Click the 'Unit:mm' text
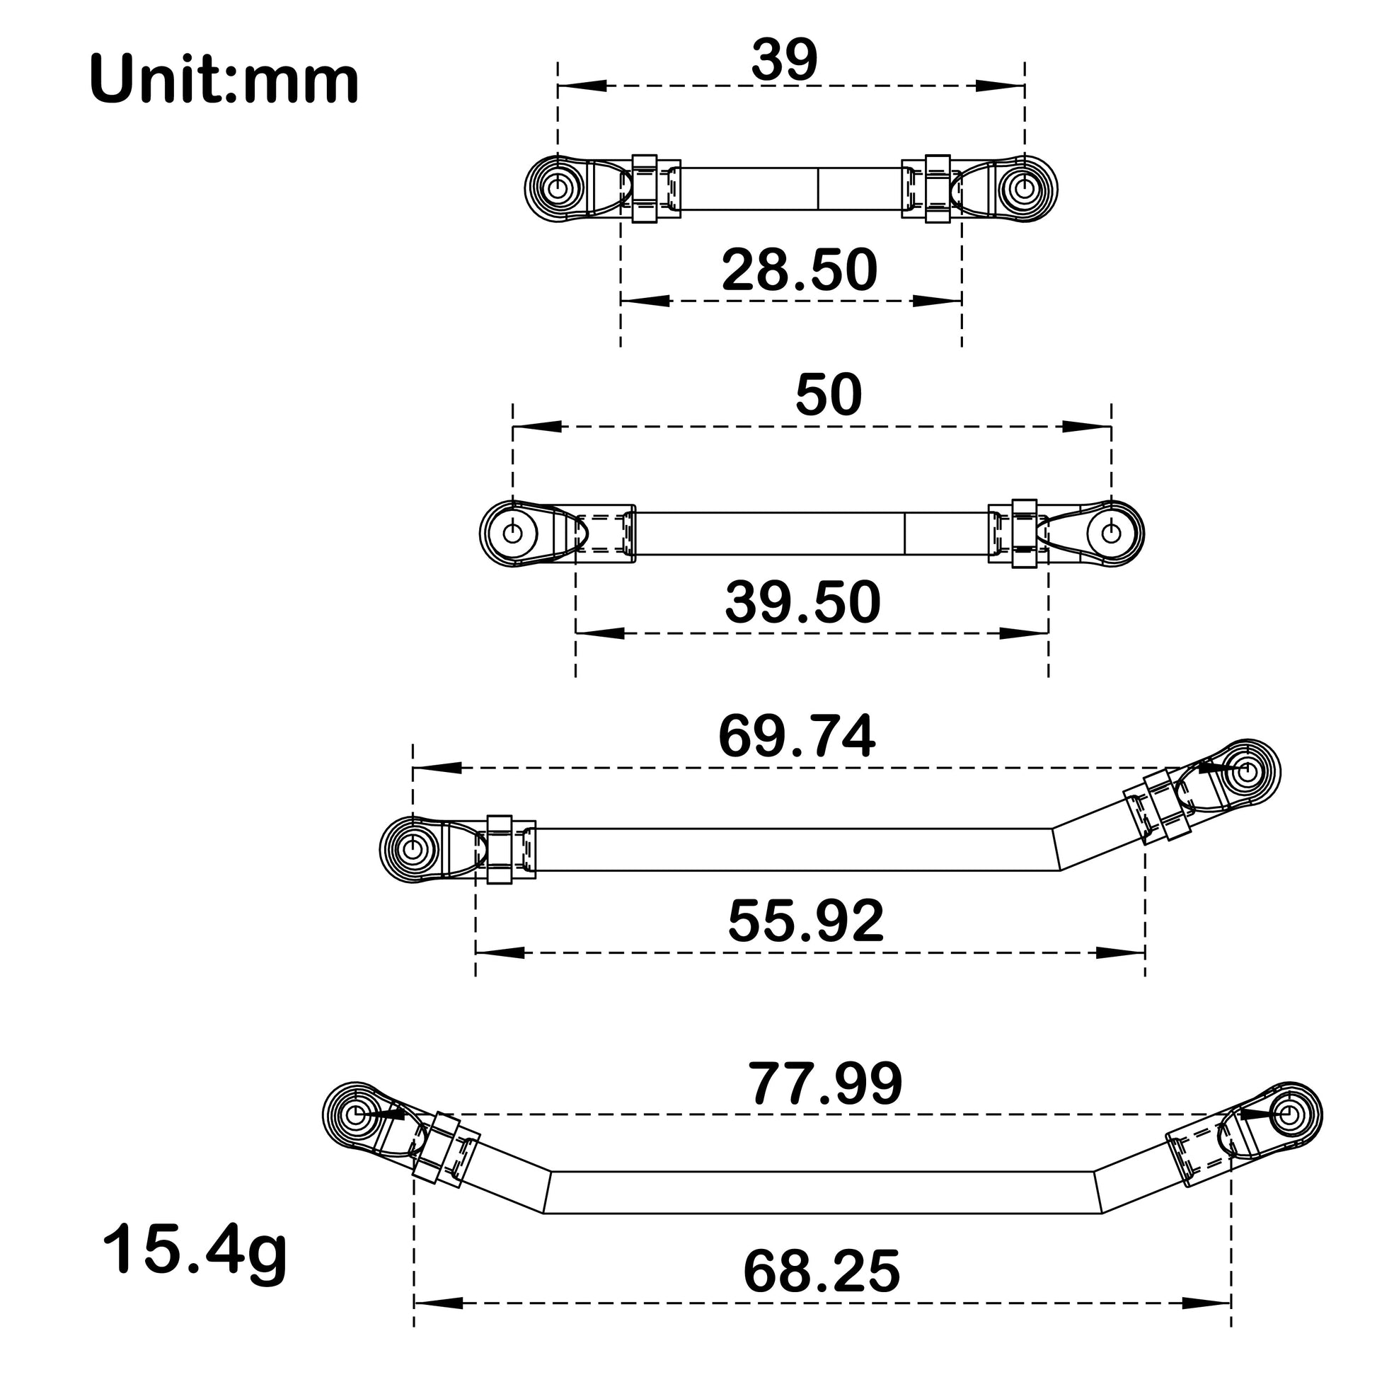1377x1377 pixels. pyautogui.click(x=224, y=81)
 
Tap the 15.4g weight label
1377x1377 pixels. pyautogui.click(x=195, y=1248)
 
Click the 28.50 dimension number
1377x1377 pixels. pyautogui.click(x=800, y=271)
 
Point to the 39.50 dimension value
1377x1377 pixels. pyautogui.click(x=803, y=603)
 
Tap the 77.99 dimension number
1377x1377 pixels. pyautogui.click(x=825, y=1085)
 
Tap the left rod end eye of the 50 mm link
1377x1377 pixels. pyautogui.click(x=512, y=532)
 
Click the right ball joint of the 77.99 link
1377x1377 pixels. pyautogui.click(x=1289, y=1113)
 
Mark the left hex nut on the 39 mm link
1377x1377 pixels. pyautogui.click(x=645, y=188)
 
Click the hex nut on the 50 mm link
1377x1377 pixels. pyautogui.click(x=1025, y=533)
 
